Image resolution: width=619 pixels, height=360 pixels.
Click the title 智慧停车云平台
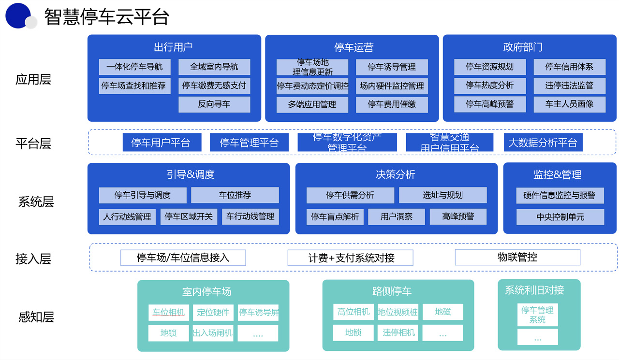(106, 17)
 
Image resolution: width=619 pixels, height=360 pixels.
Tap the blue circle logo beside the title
(18, 15)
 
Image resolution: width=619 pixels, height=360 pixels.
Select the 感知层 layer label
(36, 317)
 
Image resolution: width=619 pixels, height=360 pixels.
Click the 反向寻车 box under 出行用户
(214, 104)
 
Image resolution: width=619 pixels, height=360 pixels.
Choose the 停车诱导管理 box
(392, 67)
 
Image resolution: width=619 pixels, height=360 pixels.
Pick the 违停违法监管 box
(569, 86)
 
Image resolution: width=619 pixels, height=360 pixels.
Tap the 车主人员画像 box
(569, 104)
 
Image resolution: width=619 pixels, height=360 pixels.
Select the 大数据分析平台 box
(543, 143)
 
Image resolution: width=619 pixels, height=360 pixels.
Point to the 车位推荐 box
(235, 195)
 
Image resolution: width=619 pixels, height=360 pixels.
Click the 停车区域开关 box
(189, 216)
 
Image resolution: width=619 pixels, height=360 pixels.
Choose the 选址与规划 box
(442, 195)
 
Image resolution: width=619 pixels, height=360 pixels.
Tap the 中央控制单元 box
(560, 217)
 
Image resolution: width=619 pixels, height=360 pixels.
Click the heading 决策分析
(396, 174)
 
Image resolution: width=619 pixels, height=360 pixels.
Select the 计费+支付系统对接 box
(351, 258)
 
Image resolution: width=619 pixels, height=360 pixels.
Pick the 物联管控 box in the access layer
(517, 257)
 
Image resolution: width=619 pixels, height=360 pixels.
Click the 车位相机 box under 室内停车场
(168, 313)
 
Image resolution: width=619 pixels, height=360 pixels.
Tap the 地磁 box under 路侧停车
(442, 312)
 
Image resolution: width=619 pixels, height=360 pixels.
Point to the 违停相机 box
(398, 332)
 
